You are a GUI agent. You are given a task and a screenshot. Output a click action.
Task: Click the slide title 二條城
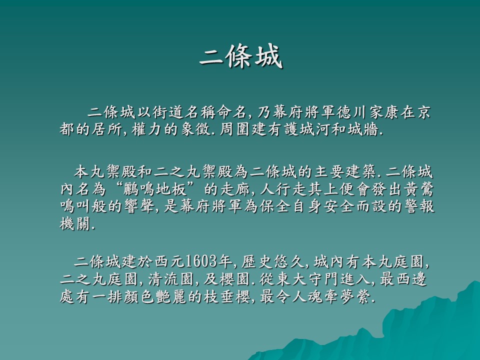241,56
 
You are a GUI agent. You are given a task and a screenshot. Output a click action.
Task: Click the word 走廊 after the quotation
236,189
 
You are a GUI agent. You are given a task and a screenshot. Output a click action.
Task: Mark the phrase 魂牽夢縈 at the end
338,296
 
